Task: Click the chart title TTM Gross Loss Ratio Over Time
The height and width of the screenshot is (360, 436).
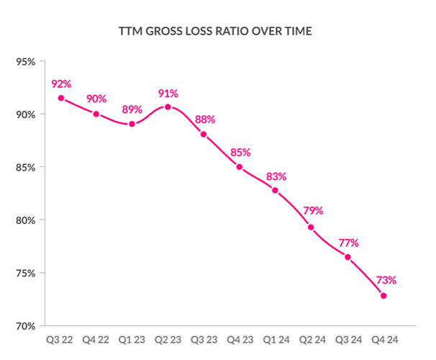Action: tap(217, 32)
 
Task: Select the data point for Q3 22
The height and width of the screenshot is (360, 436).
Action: tap(60, 98)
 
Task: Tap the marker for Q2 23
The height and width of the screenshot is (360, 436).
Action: tap(168, 107)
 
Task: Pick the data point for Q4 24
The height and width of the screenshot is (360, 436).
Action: tap(383, 296)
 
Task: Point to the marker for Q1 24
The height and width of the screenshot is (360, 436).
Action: tap(276, 190)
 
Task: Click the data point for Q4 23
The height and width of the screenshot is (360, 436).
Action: tap(240, 167)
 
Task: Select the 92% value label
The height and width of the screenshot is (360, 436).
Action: tap(61, 84)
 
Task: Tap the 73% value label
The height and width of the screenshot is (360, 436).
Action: tap(384, 280)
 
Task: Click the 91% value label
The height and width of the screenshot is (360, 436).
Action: tap(168, 93)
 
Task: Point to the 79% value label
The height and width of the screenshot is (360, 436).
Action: tap(312, 211)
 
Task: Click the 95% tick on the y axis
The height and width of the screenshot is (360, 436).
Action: tap(25, 61)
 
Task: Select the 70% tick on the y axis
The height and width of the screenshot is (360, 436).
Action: tap(25, 326)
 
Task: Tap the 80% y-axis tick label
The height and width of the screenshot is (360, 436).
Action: tap(25, 220)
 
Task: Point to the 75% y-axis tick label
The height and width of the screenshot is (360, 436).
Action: tap(25, 274)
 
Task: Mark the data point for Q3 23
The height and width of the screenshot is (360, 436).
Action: tap(204, 134)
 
